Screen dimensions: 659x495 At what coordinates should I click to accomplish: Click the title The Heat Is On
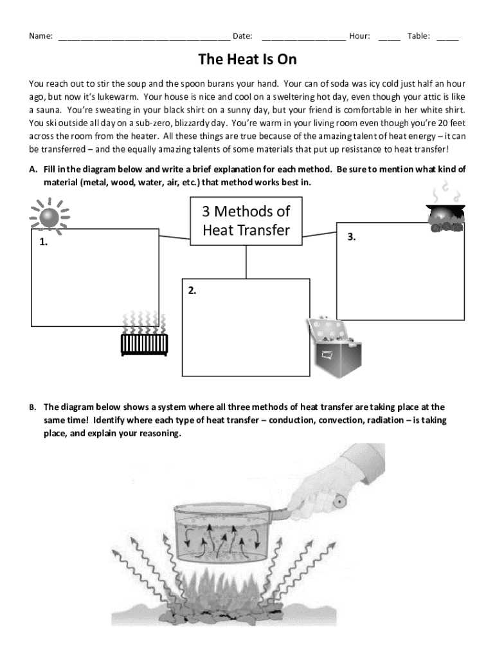tap(247, 60)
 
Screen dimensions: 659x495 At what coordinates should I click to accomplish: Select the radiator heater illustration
tap(144, 335)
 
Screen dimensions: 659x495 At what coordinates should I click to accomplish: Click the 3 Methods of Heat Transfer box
tap(246, 220)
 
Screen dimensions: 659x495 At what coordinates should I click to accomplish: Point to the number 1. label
tap(43, 243)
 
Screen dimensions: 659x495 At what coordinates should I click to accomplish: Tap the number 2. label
tap(192, 290)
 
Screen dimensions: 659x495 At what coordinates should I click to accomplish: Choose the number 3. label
tap(352, 237)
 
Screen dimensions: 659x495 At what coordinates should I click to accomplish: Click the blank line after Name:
tap(144, 37)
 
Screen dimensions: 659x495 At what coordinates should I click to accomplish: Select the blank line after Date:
tap(303, 37)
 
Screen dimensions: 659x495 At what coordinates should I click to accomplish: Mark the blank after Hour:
tap(390, 37)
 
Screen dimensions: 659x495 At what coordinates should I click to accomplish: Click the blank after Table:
tap(447, 37)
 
